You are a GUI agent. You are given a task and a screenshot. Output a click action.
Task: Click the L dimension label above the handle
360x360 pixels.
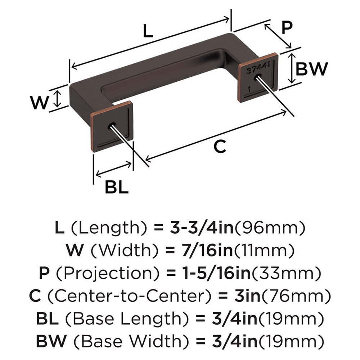148,32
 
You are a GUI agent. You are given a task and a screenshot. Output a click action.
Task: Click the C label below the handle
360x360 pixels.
220,147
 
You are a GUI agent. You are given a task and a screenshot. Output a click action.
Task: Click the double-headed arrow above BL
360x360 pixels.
113,170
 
